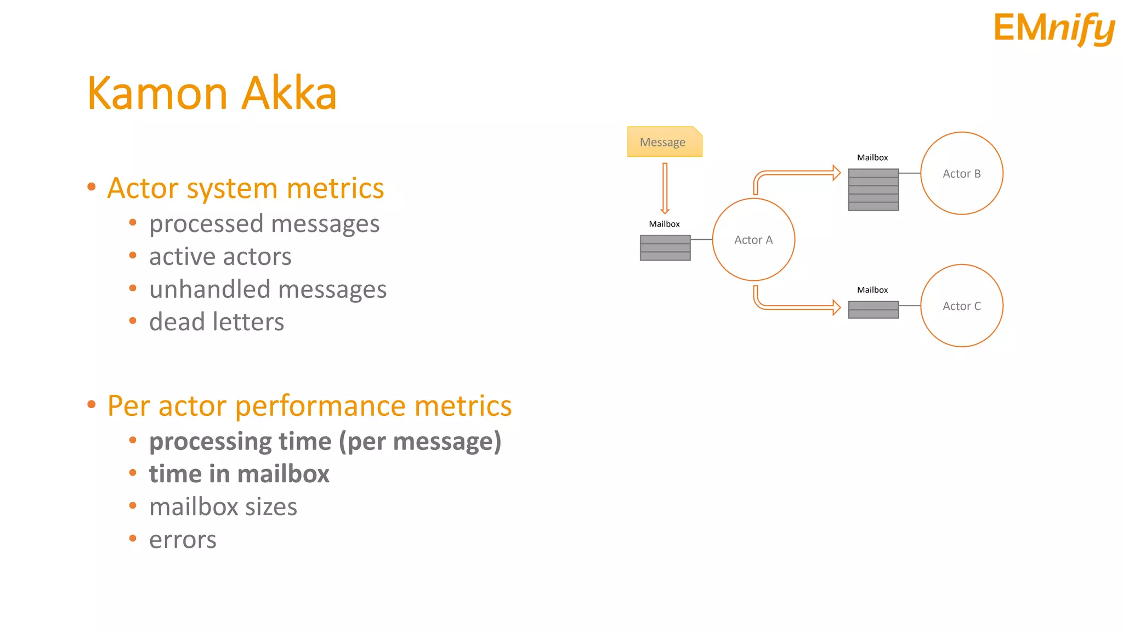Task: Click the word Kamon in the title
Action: [x=157, y=93]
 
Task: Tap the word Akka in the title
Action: [x=289, y=93]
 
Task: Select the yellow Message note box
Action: [x=664, y=142]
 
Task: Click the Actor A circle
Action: [x=753, y=240]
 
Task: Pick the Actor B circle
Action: [x=961, y=173]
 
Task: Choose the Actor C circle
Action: [x=961, y=306]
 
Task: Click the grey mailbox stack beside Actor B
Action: [x=873, y=190]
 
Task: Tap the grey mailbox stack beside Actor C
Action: [x=873, y=309]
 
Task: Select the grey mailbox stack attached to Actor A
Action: [x=665, y=247]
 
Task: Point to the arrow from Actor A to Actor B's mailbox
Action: [x=795, y=174]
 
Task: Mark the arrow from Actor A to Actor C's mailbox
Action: [x=795, y=307]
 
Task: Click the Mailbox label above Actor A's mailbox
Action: [x=664, y=224]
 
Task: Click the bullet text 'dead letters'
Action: [x=217, y=322]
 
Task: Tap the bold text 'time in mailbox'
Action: [x=239, y=474]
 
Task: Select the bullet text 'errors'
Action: [x=183, y=540]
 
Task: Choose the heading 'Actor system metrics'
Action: [x=245, y=188]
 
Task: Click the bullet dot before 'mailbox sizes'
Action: [x=133, y=506]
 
